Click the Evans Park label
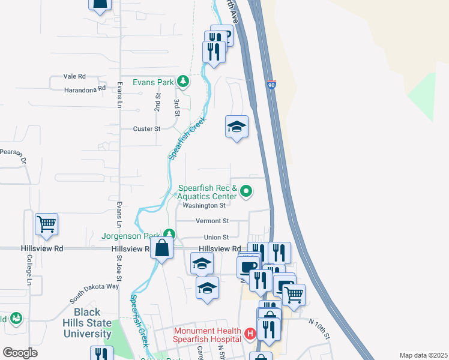point(153,82)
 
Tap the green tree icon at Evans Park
point(183,81)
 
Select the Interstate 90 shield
point(272,87)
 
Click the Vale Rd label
point(74,77)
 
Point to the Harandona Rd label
point(84,89)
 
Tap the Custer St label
point(147,128)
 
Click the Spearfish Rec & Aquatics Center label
point(206,192)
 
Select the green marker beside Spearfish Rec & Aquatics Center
point(246,192)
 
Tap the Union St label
point(216,238)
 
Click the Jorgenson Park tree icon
point(170,234)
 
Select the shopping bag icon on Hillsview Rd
point(162,247)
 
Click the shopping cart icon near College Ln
point(46,224)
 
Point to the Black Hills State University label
point(92,323)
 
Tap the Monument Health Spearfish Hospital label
point(208,335)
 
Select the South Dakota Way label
point(94,292)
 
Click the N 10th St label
point(319,328)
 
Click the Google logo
point(20,353)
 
